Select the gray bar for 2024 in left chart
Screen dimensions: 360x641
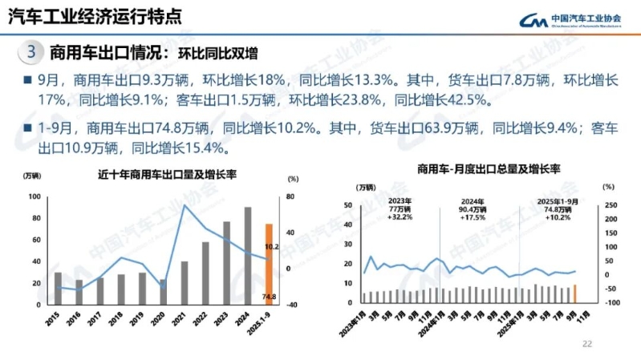[x=248, y=256]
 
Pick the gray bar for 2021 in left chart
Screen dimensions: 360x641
[x=185, y=283]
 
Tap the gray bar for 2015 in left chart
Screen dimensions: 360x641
[x=58, y=289]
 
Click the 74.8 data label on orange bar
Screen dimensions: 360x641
[x=270, y=297]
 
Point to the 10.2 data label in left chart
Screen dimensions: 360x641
[x=271, y=247]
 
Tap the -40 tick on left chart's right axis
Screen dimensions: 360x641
[x=292, y=305]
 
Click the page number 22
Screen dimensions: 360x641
[x=586, y=344]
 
